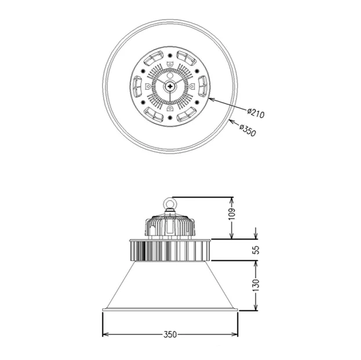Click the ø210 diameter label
256,113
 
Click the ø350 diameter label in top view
247,130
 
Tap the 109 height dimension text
232,214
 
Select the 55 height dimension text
256,250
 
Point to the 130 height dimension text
256,285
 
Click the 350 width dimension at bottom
170,335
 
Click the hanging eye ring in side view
170,203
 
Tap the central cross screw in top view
170,86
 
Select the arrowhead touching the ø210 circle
212,100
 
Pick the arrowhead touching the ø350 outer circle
232,121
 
